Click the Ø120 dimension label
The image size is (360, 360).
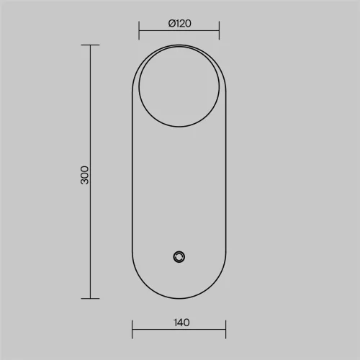(x=180, y=24)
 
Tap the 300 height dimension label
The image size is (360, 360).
(x=84, y=175)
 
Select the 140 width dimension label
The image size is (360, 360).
(x=181, y=323)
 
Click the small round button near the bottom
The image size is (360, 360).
(x=179, y=257)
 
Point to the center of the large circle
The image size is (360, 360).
(x=179, y=86)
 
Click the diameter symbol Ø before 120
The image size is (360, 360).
(x=172, y=24)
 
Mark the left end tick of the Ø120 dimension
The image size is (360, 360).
(x=139, y=30)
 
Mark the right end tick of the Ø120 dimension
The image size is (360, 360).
(x=219, y=30)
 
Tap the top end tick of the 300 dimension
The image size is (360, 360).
(x=90, y=45)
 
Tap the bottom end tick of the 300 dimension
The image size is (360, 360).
(x=90, y=299)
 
